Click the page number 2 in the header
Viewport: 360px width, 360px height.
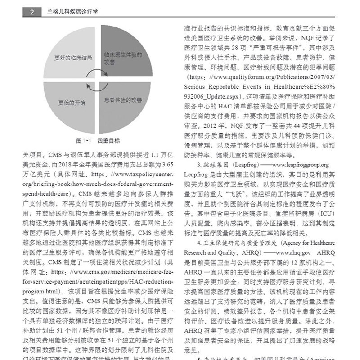[x=31, y=13]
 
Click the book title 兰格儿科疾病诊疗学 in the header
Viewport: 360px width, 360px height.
[x=72, y=13]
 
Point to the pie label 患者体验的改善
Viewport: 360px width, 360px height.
[x=123, y=99]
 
